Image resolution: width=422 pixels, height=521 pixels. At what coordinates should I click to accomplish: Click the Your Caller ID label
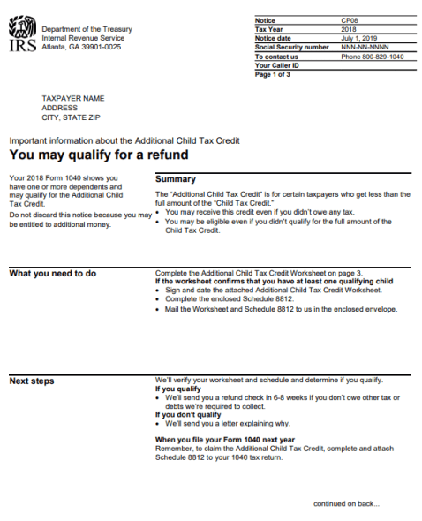tap(276, 65)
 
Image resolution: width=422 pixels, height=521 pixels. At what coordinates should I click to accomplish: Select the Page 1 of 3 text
tap(273, 75)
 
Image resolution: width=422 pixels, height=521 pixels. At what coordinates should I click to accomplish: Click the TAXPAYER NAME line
tap(73, 99)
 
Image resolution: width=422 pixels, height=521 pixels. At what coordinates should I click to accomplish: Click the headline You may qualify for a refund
tap(98, 155)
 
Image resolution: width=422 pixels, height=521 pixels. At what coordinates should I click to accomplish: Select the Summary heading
tap(175, 179)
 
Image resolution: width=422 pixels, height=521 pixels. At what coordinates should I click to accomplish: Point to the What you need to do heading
tap(52, 274)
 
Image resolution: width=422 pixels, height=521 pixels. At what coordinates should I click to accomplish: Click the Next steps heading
tap(32, 381)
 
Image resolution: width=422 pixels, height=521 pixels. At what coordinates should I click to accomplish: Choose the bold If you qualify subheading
tap(177, 389)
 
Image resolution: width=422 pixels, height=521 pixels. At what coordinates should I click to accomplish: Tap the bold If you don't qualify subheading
tap(187, 413)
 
